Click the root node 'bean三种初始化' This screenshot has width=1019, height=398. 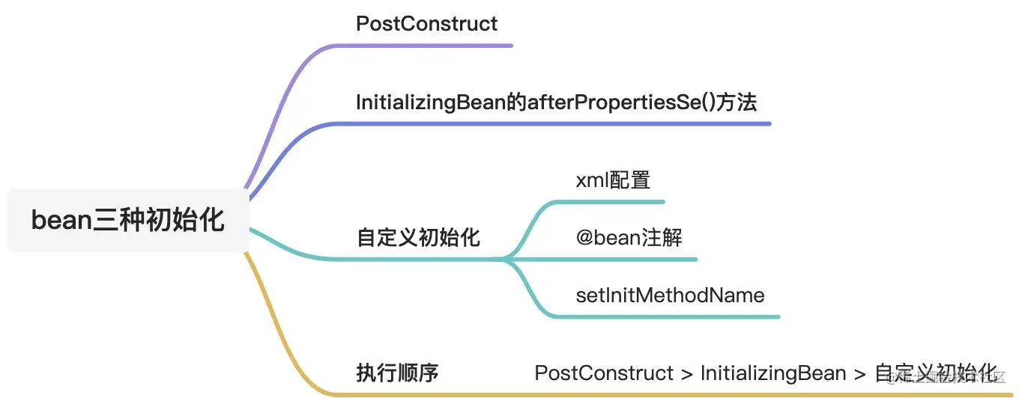point(127,221)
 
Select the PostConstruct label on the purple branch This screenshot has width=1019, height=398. point(426,23)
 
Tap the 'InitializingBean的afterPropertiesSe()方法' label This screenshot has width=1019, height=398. point(556,102)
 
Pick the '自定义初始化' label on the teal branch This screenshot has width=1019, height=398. point(418,238)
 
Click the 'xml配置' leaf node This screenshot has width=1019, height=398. point(613,180)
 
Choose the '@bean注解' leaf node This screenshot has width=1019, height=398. point(629,238)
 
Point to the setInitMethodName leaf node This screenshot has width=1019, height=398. point(670,295)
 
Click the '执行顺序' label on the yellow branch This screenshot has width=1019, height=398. point(396,373)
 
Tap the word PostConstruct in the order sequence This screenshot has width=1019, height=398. point(604,373)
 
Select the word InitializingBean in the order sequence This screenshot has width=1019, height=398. point(772,373)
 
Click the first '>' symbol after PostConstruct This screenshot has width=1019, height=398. point(687,373)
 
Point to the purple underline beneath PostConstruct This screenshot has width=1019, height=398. point(450,46)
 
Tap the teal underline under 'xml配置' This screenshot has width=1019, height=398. point(622,201)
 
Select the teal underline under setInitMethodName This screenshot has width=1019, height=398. point(674,317)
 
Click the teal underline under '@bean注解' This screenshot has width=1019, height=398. point(637,259)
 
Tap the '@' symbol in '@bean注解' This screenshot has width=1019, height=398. point(584,239)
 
